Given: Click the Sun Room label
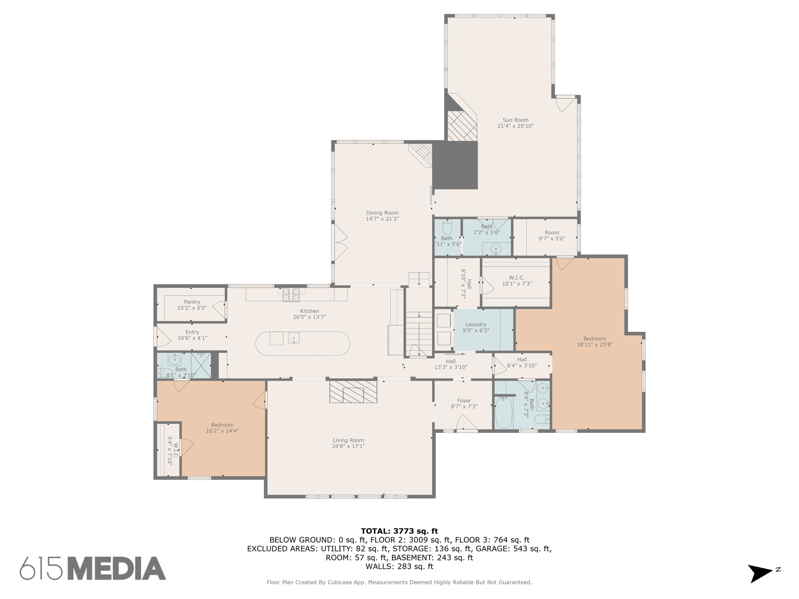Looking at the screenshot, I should [x=515, y=120].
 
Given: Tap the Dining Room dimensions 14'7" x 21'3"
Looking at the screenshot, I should [x=382, y=219].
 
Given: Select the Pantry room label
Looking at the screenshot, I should [x=192, y=302].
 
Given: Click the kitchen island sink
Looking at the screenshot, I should [x=293, y=338].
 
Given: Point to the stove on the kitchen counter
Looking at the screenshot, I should [x=291, y=294].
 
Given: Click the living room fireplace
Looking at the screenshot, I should [x=353, y=392].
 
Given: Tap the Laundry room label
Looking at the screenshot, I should [x=476, y=324].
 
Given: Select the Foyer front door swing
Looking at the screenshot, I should [x=467, y=423].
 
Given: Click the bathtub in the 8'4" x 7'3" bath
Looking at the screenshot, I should [x=503, y=413].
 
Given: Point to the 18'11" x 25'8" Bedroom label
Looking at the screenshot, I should [x=595, y=338].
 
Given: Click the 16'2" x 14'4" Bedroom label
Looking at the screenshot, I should [x=222, y=425].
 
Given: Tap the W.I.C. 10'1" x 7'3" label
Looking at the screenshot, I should [x=517, y=278].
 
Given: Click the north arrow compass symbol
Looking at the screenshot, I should [x=760, y=573].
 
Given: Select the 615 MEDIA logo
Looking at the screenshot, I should [x=93, y=569].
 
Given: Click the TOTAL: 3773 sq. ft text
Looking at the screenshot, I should [x=399, y=531].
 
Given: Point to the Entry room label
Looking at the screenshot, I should [x=192, y=332].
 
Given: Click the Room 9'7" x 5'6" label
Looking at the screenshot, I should [x=552, y=233].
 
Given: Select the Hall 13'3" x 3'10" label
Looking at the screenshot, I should [x=451, y=362].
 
